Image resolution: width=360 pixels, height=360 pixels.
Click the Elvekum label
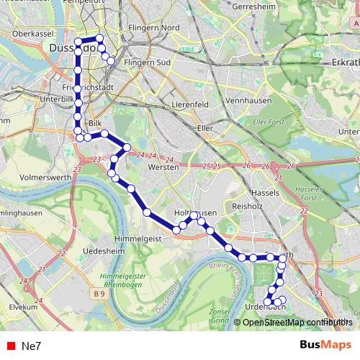point(22,306)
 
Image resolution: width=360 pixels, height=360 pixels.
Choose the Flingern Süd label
point(148,63)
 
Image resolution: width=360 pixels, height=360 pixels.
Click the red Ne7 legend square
point(10,346)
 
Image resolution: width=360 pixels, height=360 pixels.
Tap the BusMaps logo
point(326,345)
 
